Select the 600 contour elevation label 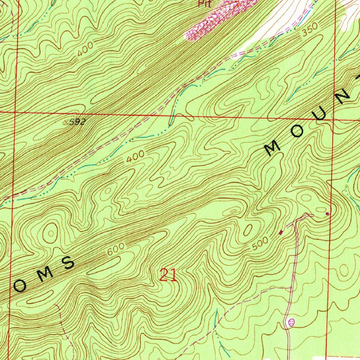point(116,250)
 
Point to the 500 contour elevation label point(261,244)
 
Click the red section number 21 point(168,275)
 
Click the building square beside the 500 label point(281,232)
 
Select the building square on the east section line point(327,213)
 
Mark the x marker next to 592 point(66,123)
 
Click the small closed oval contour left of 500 point(248,230)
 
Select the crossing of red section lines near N point(333,119)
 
